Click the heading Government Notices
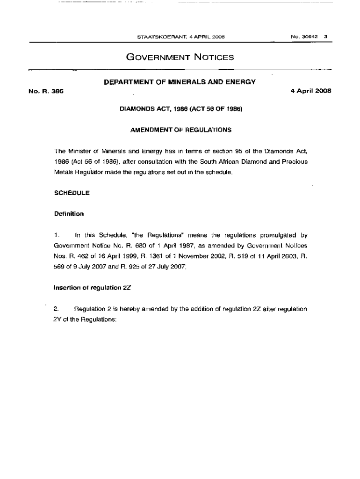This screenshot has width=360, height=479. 180,58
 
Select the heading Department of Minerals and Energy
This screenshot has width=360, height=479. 180,82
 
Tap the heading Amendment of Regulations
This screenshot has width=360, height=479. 180,130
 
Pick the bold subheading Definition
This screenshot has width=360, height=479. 69,214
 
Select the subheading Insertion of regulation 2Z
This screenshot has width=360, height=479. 92,288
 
